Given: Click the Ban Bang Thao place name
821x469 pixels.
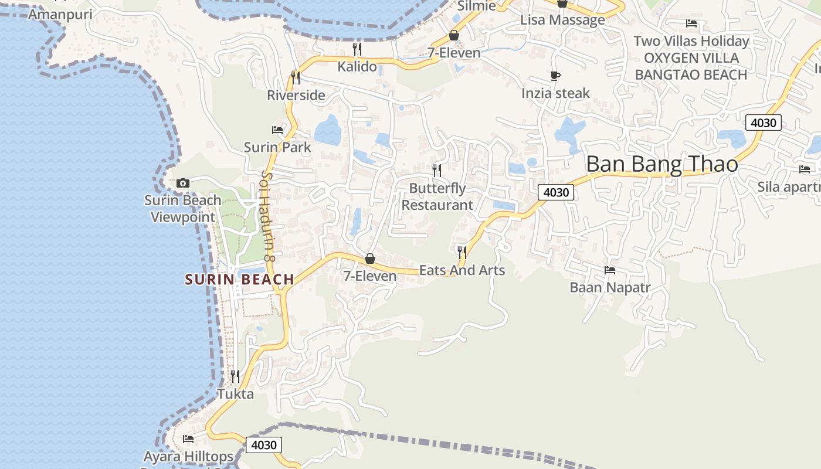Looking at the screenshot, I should (662, 164).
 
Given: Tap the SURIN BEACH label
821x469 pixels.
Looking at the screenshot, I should (239, 280).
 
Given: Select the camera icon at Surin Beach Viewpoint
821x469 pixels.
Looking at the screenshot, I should (183, 183).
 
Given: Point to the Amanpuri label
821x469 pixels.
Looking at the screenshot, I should (60, 14).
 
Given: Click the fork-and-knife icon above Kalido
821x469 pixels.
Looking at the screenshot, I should (357, 49).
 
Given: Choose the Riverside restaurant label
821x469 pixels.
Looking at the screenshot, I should (296, 95).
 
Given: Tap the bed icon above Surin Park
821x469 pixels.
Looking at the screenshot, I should (277, 130).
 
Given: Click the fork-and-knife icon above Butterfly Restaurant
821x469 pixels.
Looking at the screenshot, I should (437, 171).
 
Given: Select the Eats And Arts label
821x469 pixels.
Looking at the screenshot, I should (462, 270).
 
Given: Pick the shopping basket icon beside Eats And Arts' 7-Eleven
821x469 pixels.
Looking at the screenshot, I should (370, 259).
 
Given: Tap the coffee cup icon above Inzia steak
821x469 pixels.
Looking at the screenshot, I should (555, 76).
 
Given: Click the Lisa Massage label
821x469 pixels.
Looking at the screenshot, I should (562, 20).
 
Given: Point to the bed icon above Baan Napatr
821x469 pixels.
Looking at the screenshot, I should (610, 270).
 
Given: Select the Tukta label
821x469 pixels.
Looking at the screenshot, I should (236, 394).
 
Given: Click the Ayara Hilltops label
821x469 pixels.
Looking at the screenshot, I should (189, 456).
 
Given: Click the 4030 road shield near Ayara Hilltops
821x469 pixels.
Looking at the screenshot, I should (263, 445).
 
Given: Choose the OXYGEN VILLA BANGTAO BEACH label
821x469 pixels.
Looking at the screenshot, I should (691, 66).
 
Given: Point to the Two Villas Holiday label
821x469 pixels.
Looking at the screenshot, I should (691, 41).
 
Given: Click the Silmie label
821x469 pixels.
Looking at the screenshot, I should (476, 6).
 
